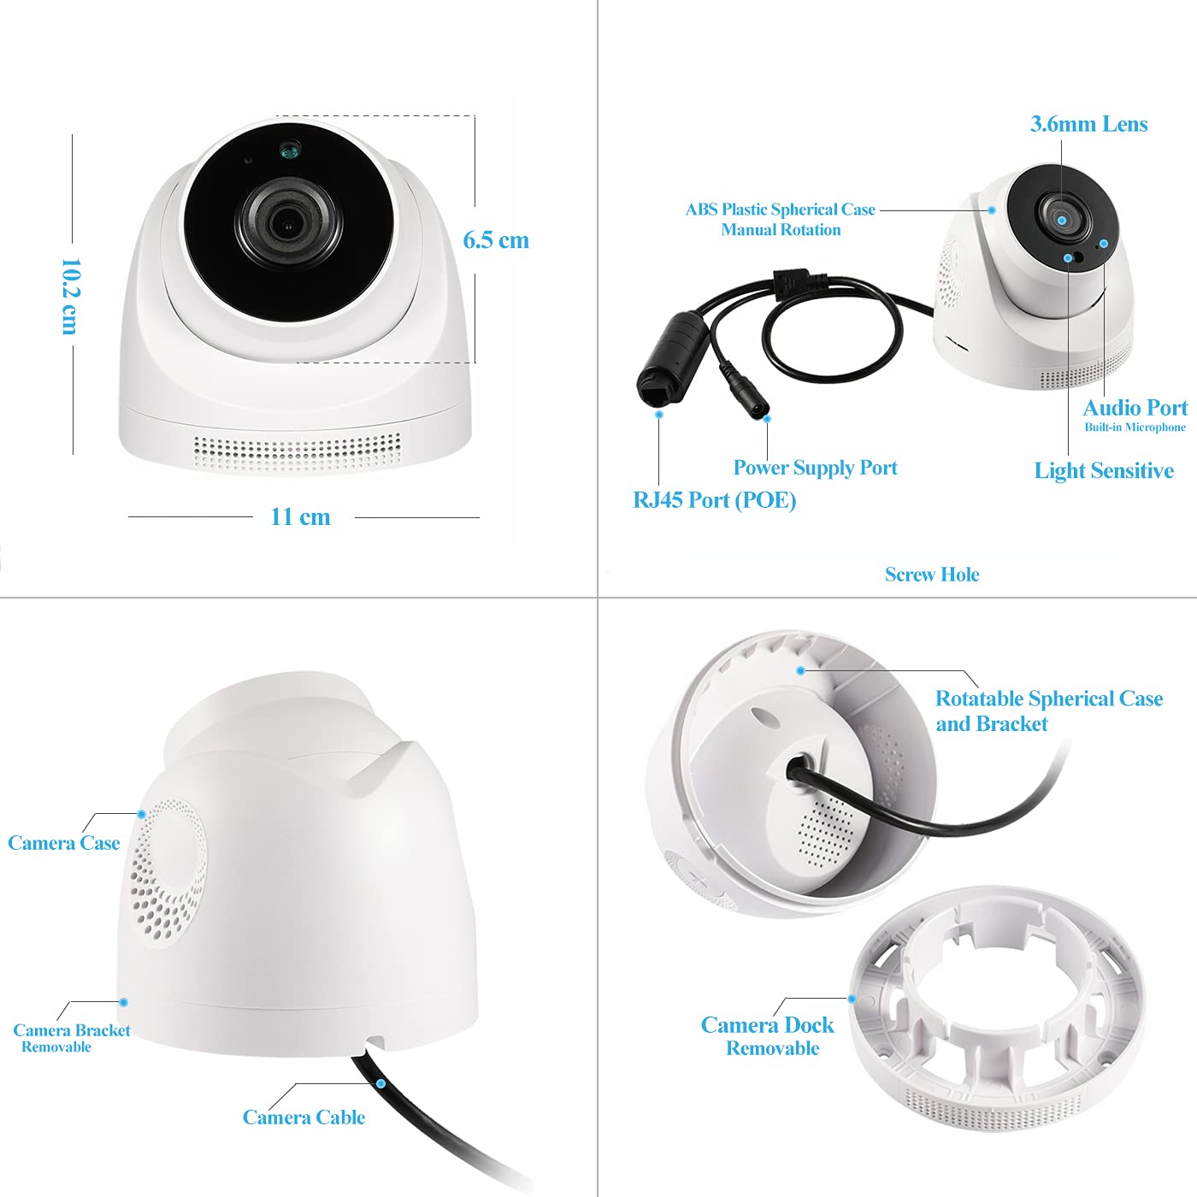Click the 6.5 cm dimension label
pyautogui.click(x=496, y=240)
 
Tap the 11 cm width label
pyautogui.click(x=300, y=516)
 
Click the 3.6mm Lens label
pyautogui.click(x=1088, y=124)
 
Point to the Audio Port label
pyautogui.click(x=1135, y=408)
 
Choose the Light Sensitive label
pyautogui.click(x=1103, y=470)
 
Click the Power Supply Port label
pyautogui.click(x=815, y=468)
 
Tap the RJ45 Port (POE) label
pyautogui.click(x=714, y=499)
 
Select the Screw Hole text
pyautogui.click(x=932, y=575)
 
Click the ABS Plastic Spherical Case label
pyautogui.click(x=780, y=209)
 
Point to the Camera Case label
pyautogui.click(x=63, y=843)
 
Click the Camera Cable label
pyautogui.click(x=304, y=1117)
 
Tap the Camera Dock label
pyautogui.click(x=767, y=1025)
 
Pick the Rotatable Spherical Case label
pyautogui.click(x=1048, y=699)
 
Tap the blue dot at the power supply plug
pyautogui.click(x=767, y=419)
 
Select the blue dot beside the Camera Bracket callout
pyautogui.click(x=123, y=1002)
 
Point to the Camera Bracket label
pyautogui.click(x=72, y=1031)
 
